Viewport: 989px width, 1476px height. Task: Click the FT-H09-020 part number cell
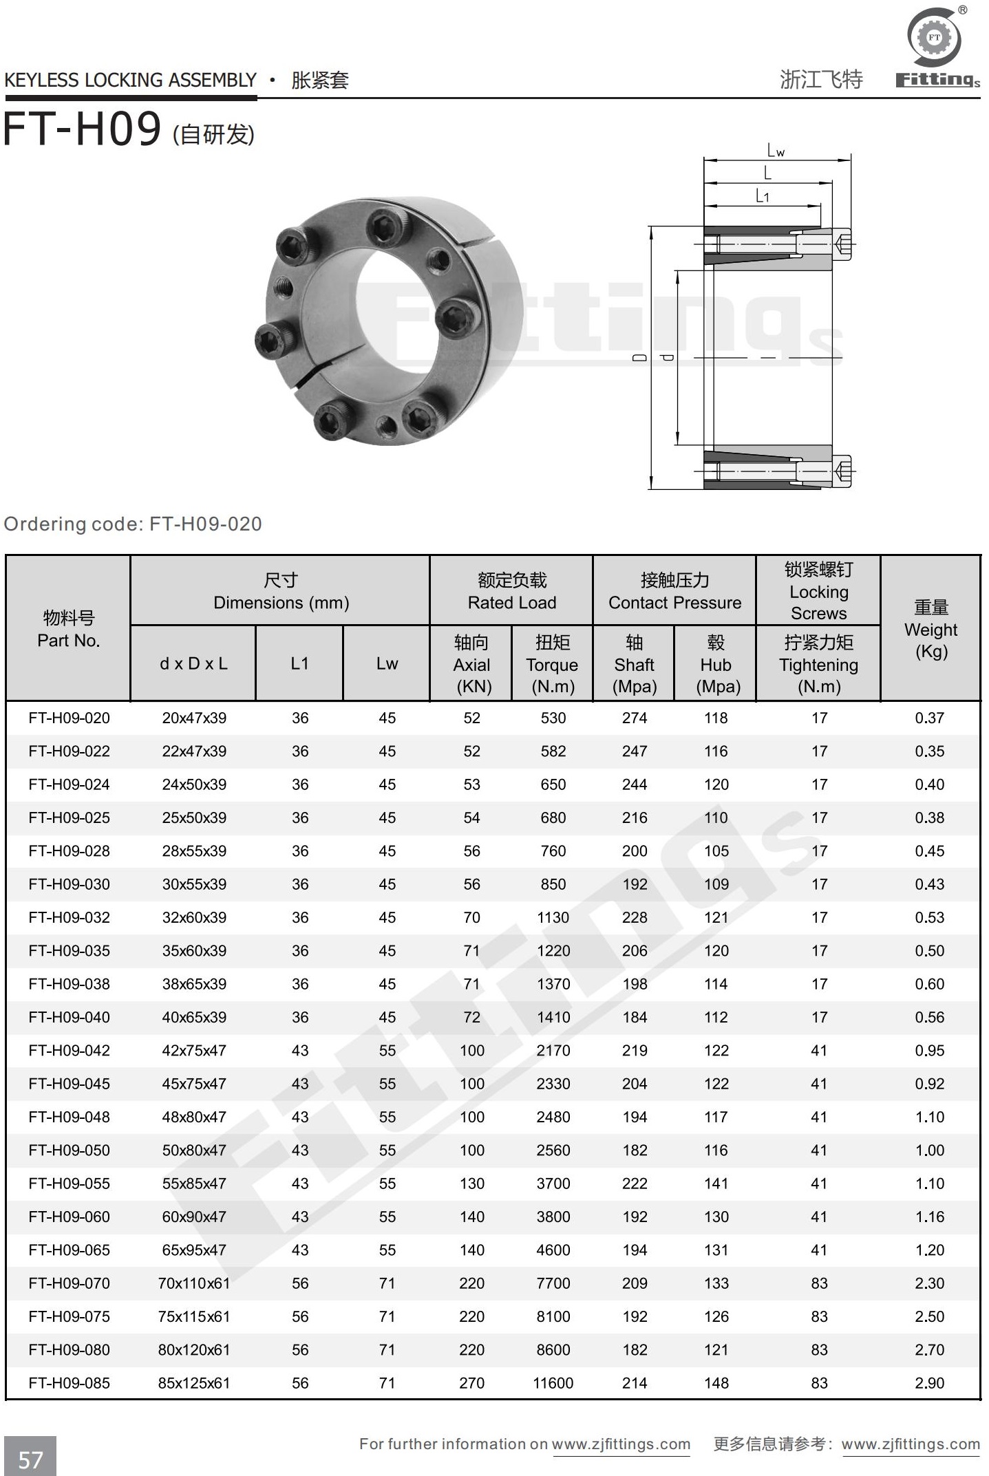point(69,718)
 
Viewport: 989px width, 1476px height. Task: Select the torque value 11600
point(553,1382)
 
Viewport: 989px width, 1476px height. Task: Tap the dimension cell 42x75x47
point(194,1050)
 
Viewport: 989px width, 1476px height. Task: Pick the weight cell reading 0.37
point(929,718)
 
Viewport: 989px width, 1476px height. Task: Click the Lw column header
point(387,663)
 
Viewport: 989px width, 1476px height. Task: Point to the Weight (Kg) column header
point(930,629)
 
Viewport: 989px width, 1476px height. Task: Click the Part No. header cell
point(68,629)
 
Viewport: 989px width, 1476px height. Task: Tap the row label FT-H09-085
point(69,1382)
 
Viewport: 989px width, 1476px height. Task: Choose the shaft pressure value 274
point(635,718)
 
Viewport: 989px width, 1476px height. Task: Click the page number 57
point(30,1459)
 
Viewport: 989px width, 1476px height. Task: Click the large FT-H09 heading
point(83,129)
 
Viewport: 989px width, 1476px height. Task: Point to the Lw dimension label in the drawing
point(776,150)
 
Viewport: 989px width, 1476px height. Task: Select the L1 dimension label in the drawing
point(762,196)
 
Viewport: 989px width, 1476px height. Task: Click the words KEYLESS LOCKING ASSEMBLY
point(130,81)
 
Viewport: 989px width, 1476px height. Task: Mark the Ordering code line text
point(133,524)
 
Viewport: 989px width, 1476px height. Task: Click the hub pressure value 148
point(716,1382)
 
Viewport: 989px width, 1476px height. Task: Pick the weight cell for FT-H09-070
point(929,1283)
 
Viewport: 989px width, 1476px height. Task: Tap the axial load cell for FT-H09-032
point(471,917)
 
